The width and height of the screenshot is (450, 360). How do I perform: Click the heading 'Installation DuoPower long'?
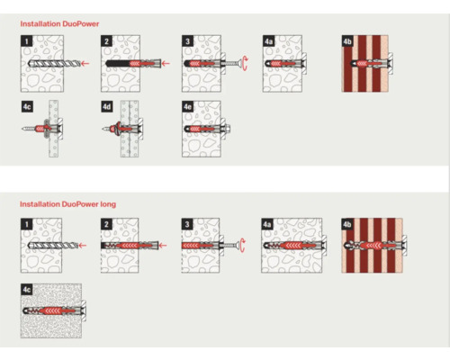(67, 204)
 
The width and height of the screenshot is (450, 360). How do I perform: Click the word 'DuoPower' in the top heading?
(80, 23)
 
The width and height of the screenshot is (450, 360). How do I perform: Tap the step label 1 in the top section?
(27, 40)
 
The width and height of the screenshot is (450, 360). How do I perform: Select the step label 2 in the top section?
(106, 40)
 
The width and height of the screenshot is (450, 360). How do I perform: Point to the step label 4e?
(187, 106)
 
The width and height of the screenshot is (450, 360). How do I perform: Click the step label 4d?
(107, 106)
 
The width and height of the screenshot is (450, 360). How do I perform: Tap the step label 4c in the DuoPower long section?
(27, 290)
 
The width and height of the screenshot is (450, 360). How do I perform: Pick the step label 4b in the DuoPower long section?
(347, 224)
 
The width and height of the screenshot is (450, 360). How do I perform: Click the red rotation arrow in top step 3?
(246, 63)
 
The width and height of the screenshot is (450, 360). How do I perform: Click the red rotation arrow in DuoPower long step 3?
(243, 246)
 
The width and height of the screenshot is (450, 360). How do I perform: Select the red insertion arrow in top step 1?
(85, 63)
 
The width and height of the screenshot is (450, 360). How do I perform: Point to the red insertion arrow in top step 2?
(166, 63)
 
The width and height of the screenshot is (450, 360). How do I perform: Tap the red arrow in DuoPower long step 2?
(163, 246)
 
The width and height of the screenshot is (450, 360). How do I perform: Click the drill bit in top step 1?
(54, 63)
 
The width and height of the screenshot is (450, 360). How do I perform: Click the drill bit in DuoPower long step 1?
(52, 246)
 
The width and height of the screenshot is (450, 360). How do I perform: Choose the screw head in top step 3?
(238, 63)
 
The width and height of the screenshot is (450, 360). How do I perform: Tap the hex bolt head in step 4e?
(228, 129)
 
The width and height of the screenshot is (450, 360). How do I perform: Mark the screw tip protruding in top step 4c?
(24, 129)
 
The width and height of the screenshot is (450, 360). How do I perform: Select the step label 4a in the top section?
(268, 40)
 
